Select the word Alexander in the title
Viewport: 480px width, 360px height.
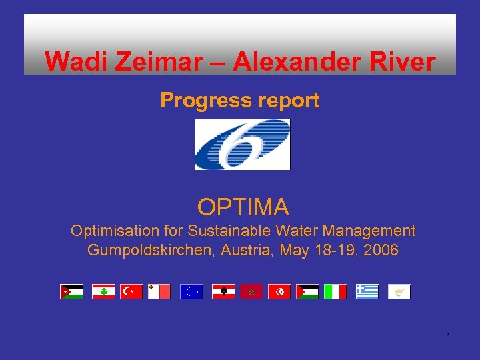281,62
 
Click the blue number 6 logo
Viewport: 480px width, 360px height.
242,144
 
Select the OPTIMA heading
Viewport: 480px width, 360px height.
243,207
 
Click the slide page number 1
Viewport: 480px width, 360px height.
449,336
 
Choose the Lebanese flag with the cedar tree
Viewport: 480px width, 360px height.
103,291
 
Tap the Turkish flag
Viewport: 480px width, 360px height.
131,291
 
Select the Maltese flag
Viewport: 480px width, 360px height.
159,291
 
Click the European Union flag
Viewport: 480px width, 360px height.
191,291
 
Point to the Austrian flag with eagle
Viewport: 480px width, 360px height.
223,291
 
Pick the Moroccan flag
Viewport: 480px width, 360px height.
251,291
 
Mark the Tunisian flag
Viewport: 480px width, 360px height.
279,291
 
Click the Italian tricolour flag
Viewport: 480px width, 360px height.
335,291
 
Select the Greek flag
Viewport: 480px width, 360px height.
367,291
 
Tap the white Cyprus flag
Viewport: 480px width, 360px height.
399,291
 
